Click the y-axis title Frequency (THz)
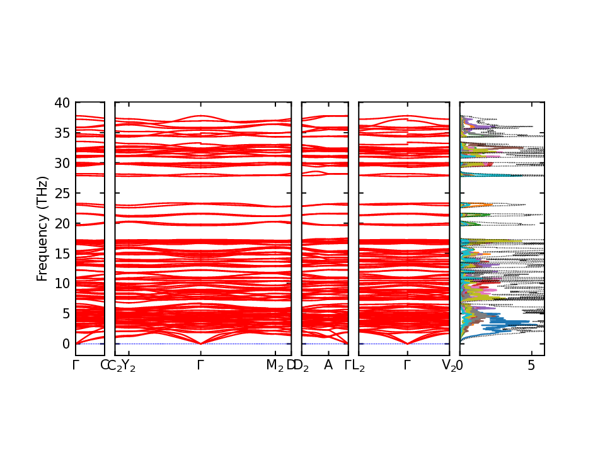42,229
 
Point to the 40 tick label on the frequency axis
62,103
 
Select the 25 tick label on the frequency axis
62,193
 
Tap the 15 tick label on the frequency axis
62,254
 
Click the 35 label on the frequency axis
62,133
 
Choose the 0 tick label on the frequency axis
66,344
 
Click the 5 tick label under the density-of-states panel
531,365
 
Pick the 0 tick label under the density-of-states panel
459,365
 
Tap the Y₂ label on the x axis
129,366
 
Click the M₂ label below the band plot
275,366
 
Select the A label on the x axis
328,365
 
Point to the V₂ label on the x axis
449,366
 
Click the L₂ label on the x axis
359,366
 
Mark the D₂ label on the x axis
301,366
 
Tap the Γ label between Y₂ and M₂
200,365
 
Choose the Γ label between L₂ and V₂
407,365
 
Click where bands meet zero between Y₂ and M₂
200,344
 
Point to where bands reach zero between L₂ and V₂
408,344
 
